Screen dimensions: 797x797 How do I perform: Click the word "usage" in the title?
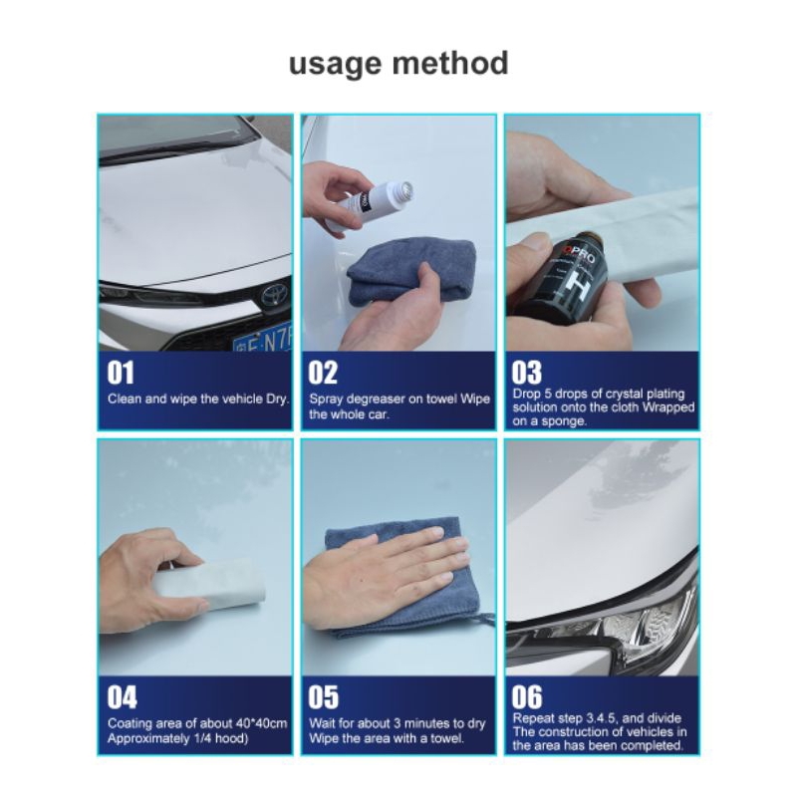click(x=335, y=64)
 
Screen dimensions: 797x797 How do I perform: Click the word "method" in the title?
click(x=450, y=62)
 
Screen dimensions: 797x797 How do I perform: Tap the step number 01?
click(x=121, y=373)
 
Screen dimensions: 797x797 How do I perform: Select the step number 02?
click(x=323, y=373)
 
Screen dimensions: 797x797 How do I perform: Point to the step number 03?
click(x=527, y=373)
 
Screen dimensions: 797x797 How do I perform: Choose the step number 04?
click(x=122, y=697)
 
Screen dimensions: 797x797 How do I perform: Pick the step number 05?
click(x=323, y=697)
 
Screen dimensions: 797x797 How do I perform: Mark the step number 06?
click(x=527, y=697)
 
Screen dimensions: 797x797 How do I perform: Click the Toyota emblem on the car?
click(x=273, y=295)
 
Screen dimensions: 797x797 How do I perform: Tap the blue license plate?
click(x=263, y=338)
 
